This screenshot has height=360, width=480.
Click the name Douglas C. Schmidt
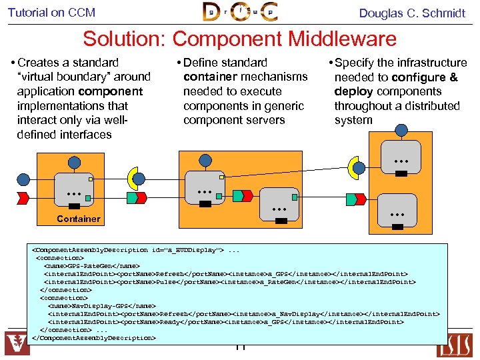412,13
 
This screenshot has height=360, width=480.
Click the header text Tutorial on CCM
52,13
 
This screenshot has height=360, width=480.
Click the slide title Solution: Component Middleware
239,39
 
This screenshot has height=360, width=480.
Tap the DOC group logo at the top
239,12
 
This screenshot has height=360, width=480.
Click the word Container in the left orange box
79,219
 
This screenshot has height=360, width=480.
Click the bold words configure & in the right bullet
425,77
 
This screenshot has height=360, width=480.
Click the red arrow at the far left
23,197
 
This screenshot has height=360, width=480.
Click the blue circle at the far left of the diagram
23,179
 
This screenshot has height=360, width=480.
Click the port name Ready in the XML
171,321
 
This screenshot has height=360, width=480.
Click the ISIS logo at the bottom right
463,343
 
